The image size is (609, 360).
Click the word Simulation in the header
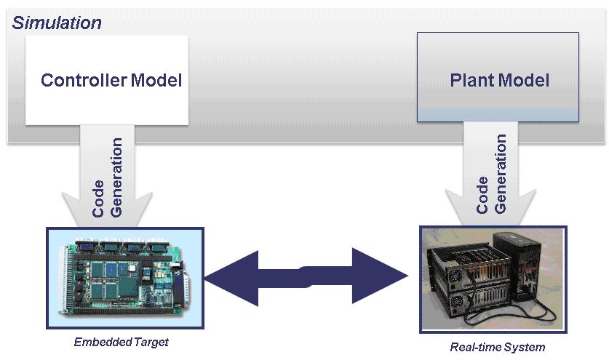[x=57, y=23]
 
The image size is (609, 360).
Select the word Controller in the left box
[x=84, y=80]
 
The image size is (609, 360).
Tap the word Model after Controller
[x=156, y=80]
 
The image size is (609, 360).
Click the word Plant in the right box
[x=472, y=81]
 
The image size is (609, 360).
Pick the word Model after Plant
[x=524, y=81]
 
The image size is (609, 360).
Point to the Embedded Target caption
[x=122, y=342]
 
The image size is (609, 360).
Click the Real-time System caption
[x=498, y=347]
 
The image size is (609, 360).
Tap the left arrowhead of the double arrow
[x=232, y=278]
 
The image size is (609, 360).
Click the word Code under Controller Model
[x=98, y=199]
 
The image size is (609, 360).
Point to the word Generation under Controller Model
[x=116, y=177]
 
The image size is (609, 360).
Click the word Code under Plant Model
[x=482, y=195]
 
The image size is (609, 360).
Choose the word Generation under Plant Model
[x=501, y=174]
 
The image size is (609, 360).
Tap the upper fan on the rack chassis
[x=455, y=277]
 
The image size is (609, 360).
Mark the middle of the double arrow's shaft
[x=306, y=277]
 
